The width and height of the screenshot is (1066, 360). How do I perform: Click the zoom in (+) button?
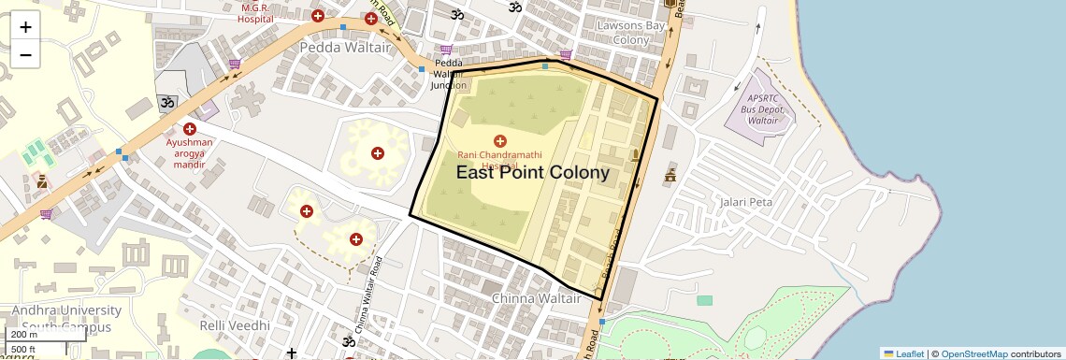(25, 26)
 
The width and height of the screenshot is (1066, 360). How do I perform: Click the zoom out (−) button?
(25, 54)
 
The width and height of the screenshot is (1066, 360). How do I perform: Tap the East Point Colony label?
(532, 173)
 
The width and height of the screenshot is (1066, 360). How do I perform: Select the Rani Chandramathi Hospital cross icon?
(499, 140)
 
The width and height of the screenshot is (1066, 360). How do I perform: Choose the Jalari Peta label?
(746, 201)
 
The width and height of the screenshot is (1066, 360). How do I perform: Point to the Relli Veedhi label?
(234, 324)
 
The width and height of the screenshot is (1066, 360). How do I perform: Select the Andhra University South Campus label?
(61, 318)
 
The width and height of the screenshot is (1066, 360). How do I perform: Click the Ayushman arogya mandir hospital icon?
(190, 129)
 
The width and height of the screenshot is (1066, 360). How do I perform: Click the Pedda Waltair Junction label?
(449, 74)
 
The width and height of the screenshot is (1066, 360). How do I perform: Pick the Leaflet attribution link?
(903, 353)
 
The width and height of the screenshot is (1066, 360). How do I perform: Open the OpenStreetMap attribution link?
(973, 353)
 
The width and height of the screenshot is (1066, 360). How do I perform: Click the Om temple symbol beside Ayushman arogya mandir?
(168, 102)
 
